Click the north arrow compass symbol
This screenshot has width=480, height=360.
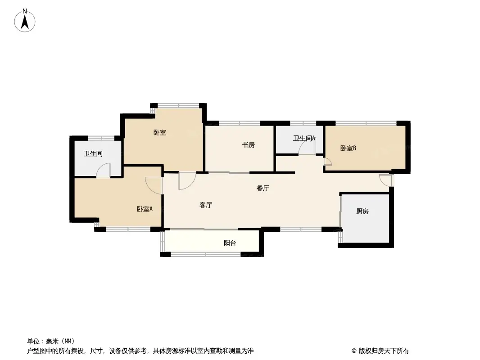point(25,21)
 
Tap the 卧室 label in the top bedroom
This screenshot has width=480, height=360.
point(160,133)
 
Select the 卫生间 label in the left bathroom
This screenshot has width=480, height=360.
point(93,153)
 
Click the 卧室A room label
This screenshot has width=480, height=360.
point(145,209)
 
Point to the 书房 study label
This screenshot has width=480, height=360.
point(248,144)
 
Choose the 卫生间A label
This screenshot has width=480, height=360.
point(304,138)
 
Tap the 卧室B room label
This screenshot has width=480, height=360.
point(348,148)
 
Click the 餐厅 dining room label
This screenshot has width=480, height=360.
point(263,189)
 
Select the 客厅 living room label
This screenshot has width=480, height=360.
point(206,205)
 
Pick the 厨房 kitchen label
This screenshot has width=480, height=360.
point(362,211)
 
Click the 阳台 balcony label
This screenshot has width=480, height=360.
point(230,243)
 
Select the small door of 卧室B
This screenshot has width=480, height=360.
point(328,162)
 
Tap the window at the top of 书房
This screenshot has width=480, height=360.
point(240,123)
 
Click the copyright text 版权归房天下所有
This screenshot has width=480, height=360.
point(384,351)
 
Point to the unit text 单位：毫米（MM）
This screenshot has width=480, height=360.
point(51,342)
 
